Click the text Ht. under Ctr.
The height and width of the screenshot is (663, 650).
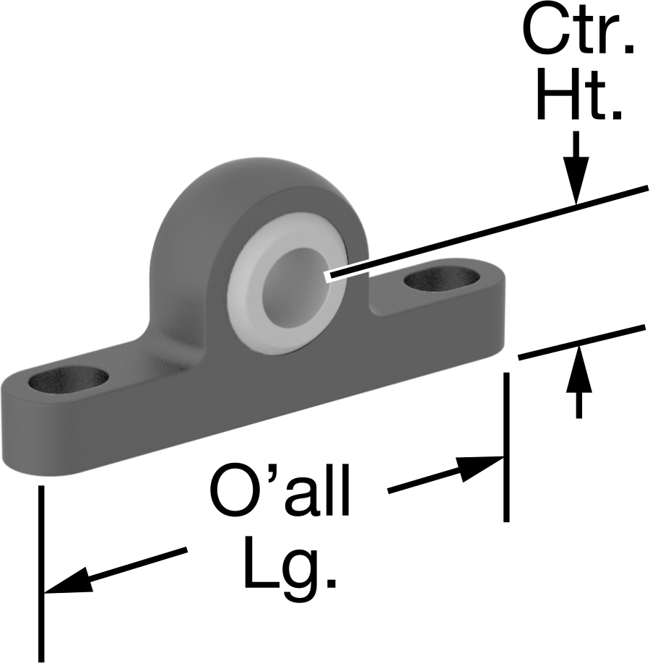point(579,95)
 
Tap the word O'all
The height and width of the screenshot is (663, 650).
point(280,490)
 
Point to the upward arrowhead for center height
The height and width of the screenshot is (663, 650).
point(579,370)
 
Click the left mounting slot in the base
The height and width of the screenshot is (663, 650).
point(69,379)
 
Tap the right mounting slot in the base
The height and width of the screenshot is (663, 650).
point(442,279)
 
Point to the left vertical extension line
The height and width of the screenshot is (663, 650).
point(41,573)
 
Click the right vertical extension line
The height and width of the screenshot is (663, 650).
point(506,447)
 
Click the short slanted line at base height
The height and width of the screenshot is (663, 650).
point(582,342)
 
